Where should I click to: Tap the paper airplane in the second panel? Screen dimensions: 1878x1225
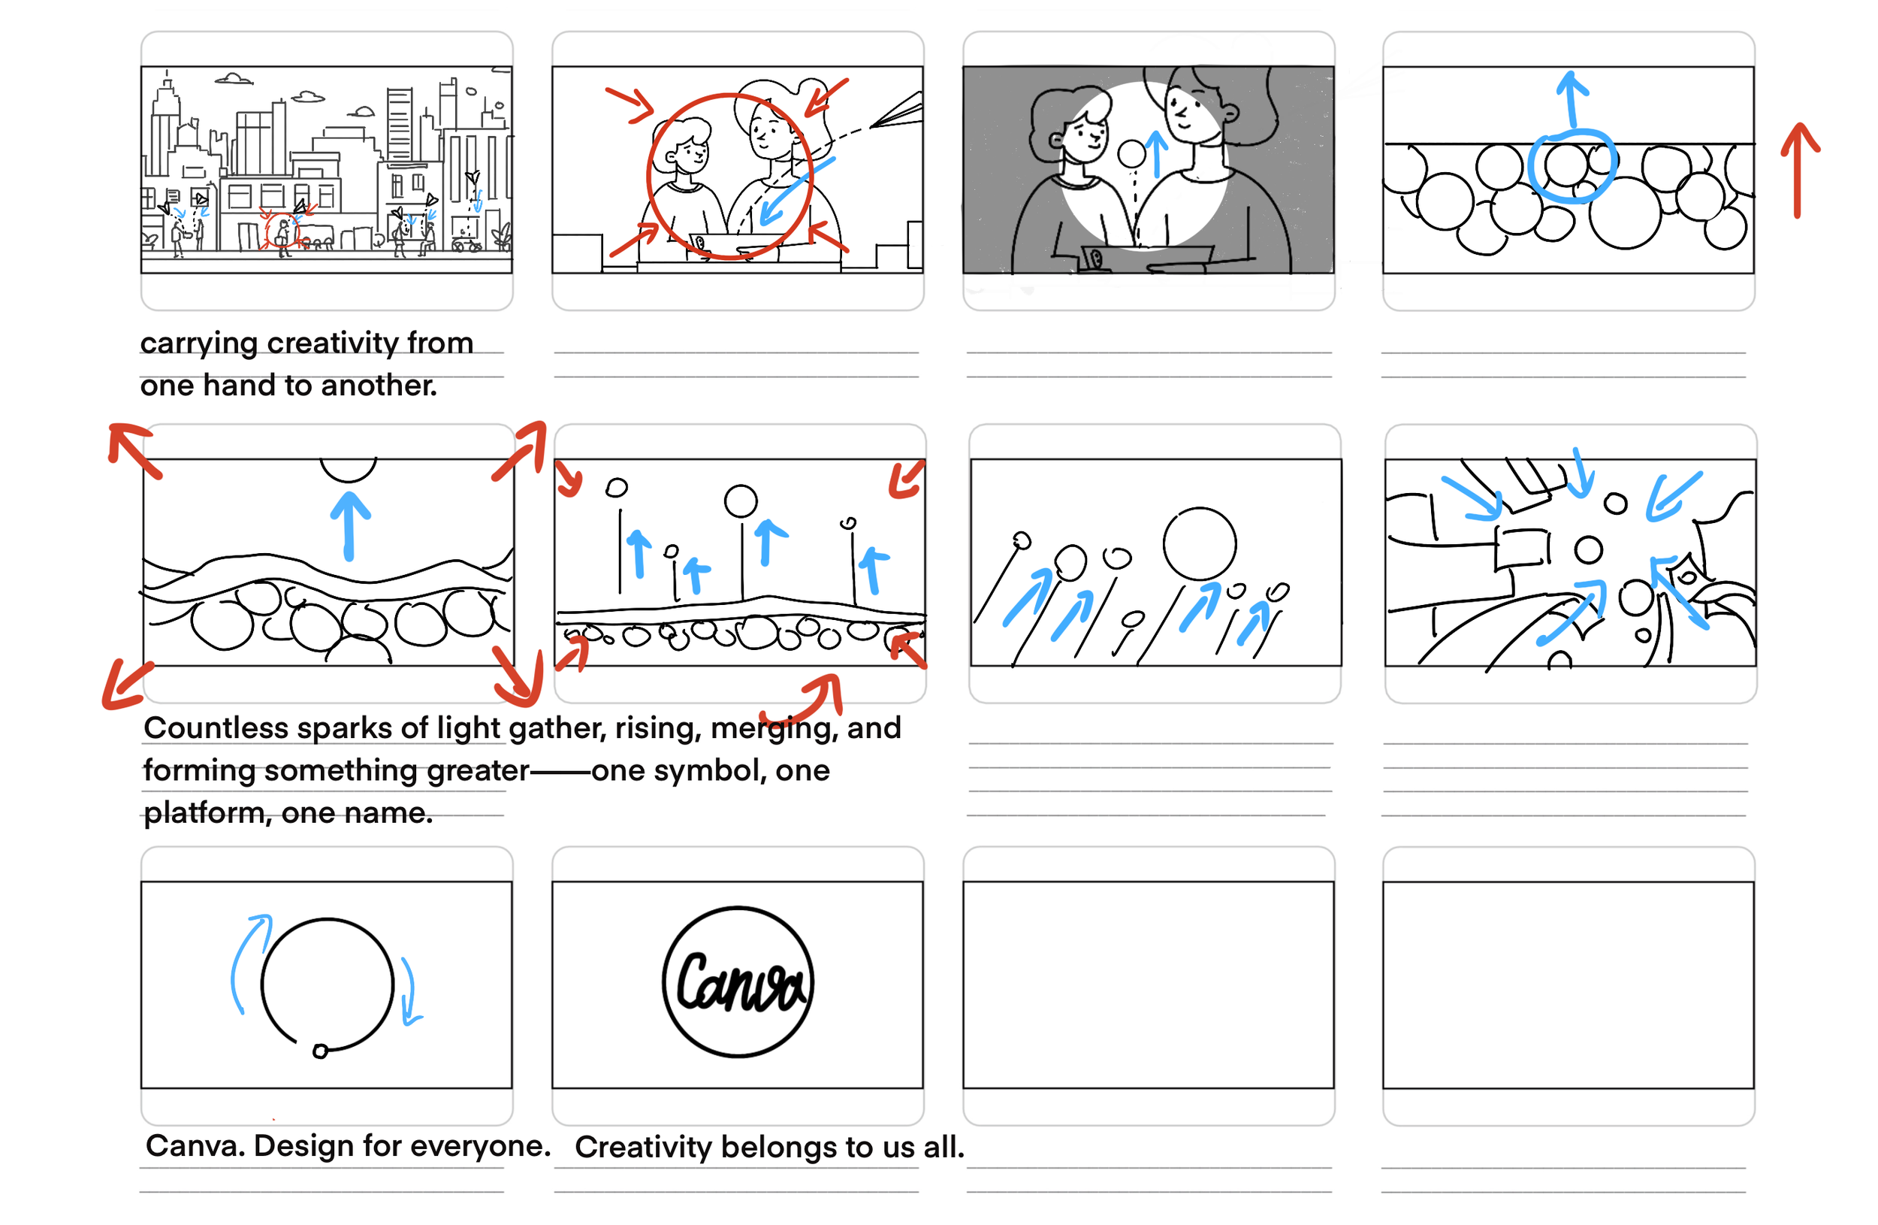click(898, 110)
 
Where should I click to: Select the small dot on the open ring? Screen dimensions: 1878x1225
click(320, 1051)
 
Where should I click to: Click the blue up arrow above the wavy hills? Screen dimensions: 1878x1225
click(349, 525)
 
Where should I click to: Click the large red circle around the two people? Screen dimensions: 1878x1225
click(648, 176)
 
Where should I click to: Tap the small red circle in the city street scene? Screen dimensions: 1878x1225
click(282, 232)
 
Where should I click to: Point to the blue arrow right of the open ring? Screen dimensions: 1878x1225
click(410, 991)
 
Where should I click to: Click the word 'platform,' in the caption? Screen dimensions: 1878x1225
click(207, 814)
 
